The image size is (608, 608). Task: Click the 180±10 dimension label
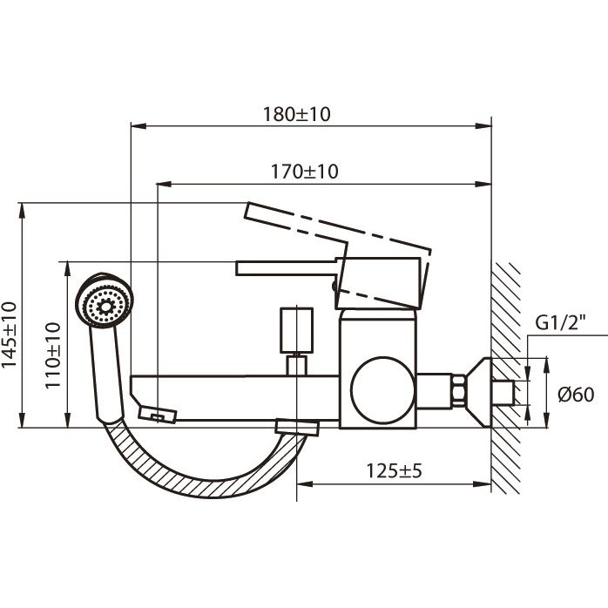[x=298, y=114]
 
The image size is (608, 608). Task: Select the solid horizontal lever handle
[x=287, y=268]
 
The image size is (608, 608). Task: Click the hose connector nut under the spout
[x=295, y=427]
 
